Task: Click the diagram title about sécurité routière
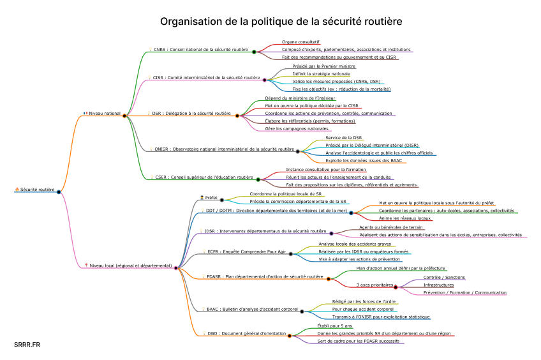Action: (281, 22)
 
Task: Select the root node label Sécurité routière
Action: (37, 190)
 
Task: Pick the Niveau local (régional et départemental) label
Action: (130, 265)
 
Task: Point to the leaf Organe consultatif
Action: (301, 41)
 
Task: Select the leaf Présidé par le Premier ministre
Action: (323, 66)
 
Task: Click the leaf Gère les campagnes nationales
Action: (293, 128)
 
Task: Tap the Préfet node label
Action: (211, 198)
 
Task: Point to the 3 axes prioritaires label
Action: (373, 285)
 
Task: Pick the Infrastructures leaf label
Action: (439, 285)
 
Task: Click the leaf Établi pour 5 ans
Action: (334, 326)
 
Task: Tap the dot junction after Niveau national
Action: (124, 116)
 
